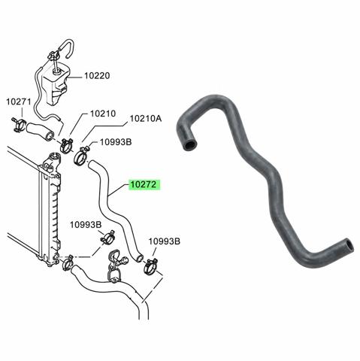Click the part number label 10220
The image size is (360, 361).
(x=97, y=75)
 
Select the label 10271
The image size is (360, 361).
(x=19, y=102)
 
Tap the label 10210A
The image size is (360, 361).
(x=146, y=118)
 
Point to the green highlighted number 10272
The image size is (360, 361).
(x=144, y=185)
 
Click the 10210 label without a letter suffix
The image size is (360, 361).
(x=103, y=114)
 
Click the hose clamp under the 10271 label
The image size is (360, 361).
(x=19, y=125)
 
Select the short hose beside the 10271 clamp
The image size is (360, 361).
(x=40, y=131)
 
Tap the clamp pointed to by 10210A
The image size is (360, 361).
(x=81, y=156)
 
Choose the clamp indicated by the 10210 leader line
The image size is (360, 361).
(x=66, y=145)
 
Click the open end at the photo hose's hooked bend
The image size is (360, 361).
(x=190, y=145)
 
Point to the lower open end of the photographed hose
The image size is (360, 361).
(x=350, y=245)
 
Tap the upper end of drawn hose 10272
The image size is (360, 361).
(x=90, y=163)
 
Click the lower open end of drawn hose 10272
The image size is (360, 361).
(x=139, y=258)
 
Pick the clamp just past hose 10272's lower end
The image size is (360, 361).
(x=151, y=266)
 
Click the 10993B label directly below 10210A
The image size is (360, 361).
(x=116, y=142)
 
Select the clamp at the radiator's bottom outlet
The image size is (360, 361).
(x=67, y=262)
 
